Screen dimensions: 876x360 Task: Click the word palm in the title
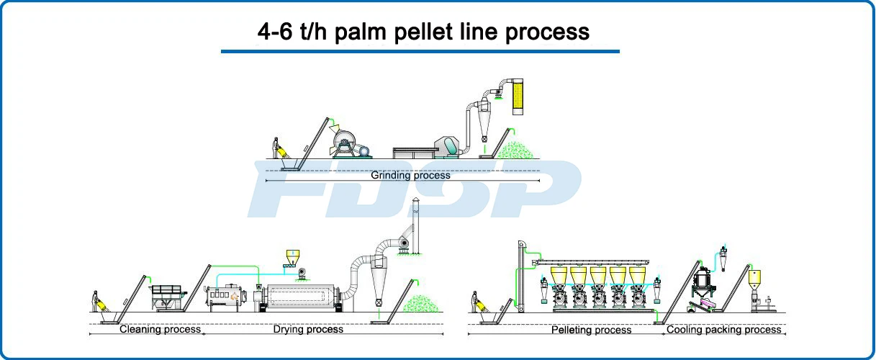point(360,32)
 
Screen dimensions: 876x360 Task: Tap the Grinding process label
point(410,175)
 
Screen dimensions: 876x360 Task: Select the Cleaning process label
point(160,330)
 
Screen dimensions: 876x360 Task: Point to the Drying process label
point(308,330)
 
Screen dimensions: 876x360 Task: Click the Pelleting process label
point(591,330)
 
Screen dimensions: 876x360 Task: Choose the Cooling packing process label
point(724,330)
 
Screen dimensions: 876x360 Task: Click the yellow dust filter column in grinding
point(518,96)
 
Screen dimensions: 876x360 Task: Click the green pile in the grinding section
point(515,150)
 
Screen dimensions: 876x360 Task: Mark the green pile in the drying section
point(421,304)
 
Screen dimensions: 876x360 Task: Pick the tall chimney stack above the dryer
point(415,225)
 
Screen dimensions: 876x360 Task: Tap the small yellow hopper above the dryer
point(293,256)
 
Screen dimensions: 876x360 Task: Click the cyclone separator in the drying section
point(378,280)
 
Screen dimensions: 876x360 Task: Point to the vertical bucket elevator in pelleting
point(522,276)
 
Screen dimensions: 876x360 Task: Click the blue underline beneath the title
point(420,51)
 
